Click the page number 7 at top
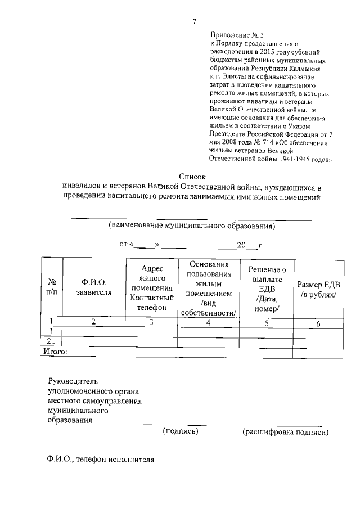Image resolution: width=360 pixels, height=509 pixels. point(194,22)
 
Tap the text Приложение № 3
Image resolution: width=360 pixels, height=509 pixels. point(232,35)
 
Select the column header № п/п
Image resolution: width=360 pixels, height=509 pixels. point(51,287)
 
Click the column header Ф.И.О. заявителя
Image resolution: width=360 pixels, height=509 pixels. point(94,287)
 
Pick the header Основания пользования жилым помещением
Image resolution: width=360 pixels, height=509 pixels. point(209,288)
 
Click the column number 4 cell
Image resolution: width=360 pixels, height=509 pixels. point(208,323)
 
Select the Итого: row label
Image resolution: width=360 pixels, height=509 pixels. point(56,352)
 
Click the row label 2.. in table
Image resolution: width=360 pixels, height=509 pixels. point(51,342)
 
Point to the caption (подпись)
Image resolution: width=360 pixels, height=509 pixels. point(180,431)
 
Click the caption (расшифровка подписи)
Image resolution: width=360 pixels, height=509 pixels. point(285,432)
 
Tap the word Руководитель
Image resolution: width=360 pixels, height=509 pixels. point(73,381)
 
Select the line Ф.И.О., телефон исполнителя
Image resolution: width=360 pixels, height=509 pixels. point(100,459)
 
